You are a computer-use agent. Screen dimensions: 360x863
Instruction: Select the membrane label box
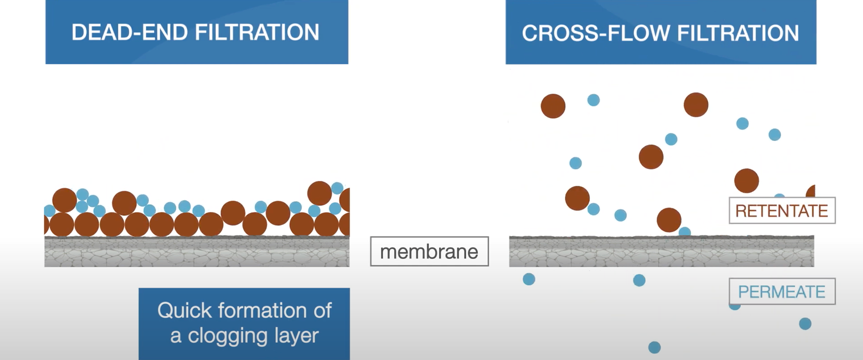tap(429, 252)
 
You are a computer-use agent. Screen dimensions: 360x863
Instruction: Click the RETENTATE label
tap(782, 211)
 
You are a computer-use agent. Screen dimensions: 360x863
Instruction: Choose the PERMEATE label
tap(782, 292)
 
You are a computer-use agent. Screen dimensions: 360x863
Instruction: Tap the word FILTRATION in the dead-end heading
tap(257, 33)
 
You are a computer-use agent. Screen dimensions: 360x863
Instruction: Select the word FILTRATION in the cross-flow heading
tap(738, 33)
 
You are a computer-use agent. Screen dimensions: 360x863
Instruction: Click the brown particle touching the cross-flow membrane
tap(669, 220)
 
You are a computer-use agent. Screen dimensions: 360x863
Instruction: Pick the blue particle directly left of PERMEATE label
tap(639, 280)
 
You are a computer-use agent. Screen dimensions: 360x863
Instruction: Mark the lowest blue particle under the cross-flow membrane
tap(654, 347)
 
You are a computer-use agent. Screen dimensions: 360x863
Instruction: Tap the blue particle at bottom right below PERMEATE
tap(805, 324)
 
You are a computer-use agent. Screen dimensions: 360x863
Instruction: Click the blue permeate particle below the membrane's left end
tap(529, 279)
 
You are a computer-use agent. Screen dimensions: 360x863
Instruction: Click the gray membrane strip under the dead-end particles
tap(197, 252)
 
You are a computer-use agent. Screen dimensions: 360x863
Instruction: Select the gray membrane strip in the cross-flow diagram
tap(661, 252)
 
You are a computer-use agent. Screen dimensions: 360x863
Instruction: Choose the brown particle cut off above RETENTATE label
tap(811, 192)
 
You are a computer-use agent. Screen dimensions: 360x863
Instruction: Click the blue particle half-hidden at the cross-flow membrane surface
tap(685, 232)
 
